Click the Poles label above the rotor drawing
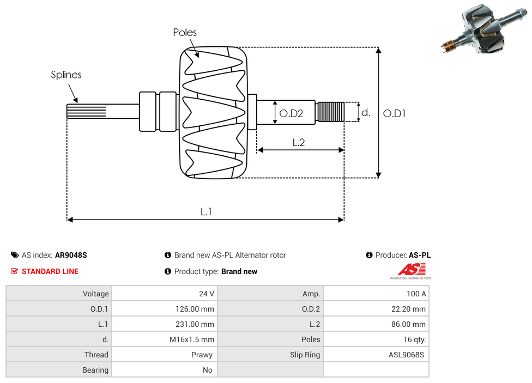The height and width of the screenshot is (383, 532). pos(185,33)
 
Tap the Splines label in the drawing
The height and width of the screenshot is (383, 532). pos(66,75)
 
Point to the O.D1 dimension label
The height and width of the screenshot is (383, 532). pos(395,113)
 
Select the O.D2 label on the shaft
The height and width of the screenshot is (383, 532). pos(291,113)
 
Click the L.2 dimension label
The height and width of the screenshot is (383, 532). pos(298,142)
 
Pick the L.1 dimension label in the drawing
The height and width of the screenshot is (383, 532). pos(205,212)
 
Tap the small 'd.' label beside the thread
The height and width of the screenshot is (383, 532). pos(366,113)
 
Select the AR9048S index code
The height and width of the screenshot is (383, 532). pos(71,255)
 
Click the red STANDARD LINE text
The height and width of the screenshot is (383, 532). pos(50,271)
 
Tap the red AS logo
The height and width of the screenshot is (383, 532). pos(412,269)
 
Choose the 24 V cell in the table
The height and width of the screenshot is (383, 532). pos(207,294)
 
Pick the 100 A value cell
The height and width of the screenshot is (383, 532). pos(416,294)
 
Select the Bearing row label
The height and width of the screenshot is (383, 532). pos(95,370)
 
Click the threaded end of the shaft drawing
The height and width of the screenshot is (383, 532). pos(330,112)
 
